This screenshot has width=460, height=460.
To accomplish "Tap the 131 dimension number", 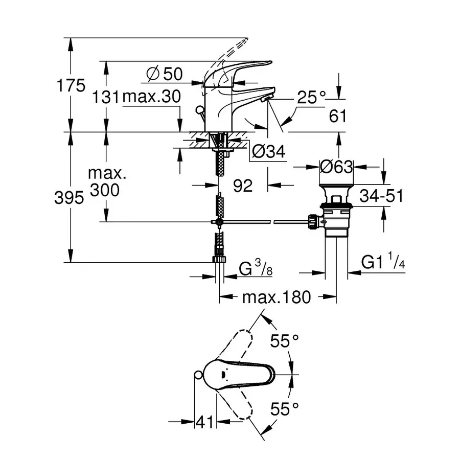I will pos(106,97).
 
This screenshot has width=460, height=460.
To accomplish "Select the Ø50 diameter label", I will pos(165,74).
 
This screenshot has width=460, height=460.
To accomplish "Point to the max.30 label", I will pos(152,97).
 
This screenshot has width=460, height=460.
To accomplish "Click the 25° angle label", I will pos(312,97).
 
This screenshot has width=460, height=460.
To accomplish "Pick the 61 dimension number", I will pos(337,117).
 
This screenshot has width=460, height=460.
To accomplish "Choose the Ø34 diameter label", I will pos(268,151).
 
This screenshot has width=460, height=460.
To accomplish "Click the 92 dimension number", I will pos(243,186).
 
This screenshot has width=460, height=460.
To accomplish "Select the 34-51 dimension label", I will pos(381,195).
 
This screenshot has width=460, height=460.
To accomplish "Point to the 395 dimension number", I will pos(69,198).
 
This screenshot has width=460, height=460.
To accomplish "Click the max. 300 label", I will pos(106,181).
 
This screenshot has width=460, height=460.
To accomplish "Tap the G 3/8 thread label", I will pos(256,268).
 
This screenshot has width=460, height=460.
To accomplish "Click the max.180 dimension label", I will pos(277,297).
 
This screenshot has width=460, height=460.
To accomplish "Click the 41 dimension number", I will pos(205,422).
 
